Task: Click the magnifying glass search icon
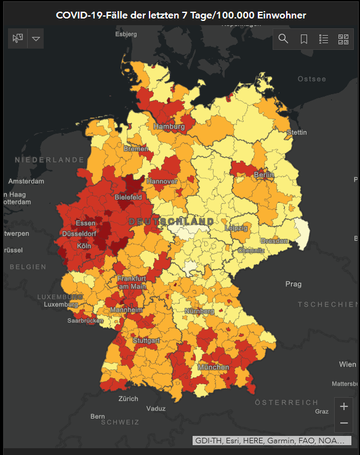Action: click(x=283, y=39)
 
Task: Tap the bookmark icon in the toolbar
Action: click(x=304, y=39)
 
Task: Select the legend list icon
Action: click(x=324, y=39)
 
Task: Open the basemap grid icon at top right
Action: click(x=343, y=39)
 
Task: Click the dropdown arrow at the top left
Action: click(x=36, y=39)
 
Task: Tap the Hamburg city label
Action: click(x=169, y=126)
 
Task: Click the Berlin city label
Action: click(x=263, y=175)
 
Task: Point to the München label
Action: click(x=213, y=367)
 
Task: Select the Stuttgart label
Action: click(x=146, y=340)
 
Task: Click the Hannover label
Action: click(x=162, y=182)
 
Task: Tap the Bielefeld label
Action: click(x=128, y=197)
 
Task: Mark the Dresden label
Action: click(x=274, y=241)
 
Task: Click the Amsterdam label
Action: click(x=26, y=182)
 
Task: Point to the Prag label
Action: click(x=294, y=284)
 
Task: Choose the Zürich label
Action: click(x=129, y=399)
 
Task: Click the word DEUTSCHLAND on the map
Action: click(x=171, y=221)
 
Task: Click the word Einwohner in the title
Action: click(x=278, y=15)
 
